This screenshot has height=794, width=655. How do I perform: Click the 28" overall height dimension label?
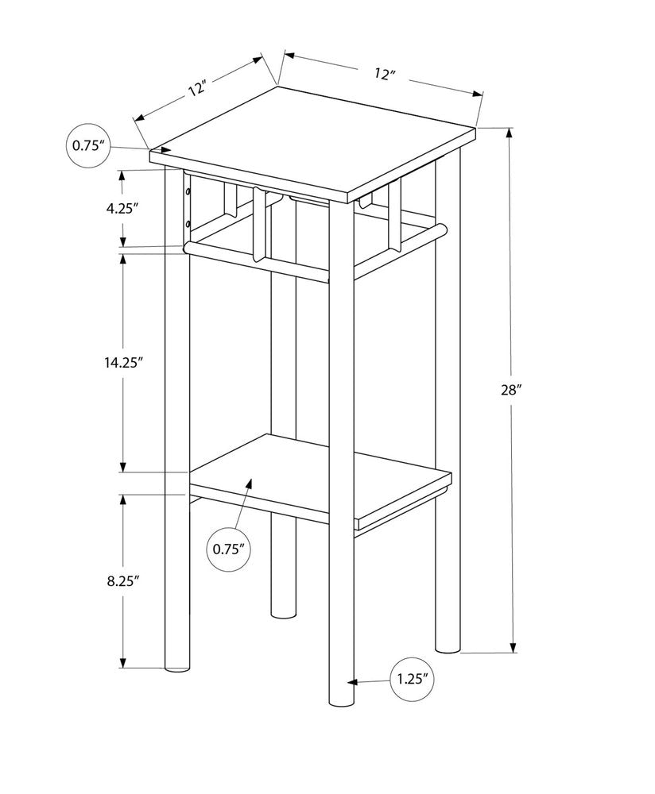(x=512, y=390)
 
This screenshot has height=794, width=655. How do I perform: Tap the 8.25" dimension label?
(x=122, y=580)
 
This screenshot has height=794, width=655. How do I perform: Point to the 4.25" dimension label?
(x=122, y=209)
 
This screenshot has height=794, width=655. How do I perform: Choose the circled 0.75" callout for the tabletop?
(x=87, y=145)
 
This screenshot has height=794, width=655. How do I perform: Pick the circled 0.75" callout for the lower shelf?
(x=228, y=548)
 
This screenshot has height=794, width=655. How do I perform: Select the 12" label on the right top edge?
(x=385, y=74)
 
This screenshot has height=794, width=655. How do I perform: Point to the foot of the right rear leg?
(x=448, y=647)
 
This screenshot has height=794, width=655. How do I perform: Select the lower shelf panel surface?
(x=318, y=476)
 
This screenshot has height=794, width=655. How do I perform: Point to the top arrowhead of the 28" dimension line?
(x=511, y=133)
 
